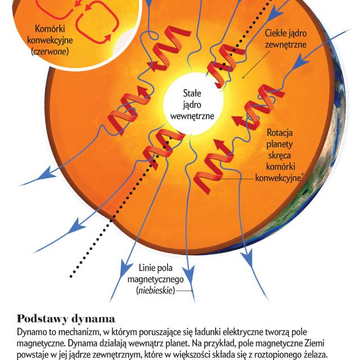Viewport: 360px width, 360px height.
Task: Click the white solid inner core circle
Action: (193, 104)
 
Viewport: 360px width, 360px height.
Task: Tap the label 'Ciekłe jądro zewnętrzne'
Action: (286, 38)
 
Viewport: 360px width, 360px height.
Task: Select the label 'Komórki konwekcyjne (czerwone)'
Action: (50, 40)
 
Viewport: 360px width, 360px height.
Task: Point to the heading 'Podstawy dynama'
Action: (66, 318)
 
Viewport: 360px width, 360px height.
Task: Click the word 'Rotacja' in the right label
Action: (280, 133)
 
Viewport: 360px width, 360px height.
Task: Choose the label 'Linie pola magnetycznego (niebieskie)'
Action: (155, 279)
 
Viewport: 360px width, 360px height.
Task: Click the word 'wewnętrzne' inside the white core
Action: (192, 116)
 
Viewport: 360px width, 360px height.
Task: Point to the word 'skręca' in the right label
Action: (280, 155)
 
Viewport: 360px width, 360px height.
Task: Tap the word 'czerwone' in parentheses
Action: (50, 51)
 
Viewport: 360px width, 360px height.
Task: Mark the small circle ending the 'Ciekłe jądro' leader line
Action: (243, 78)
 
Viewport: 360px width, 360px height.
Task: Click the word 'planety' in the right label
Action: (280, 144)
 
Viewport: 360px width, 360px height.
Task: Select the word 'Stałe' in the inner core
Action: (192, 93)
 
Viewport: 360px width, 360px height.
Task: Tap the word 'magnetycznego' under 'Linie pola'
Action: (155, 279)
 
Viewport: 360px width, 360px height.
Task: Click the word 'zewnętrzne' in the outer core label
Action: (286, 45)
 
